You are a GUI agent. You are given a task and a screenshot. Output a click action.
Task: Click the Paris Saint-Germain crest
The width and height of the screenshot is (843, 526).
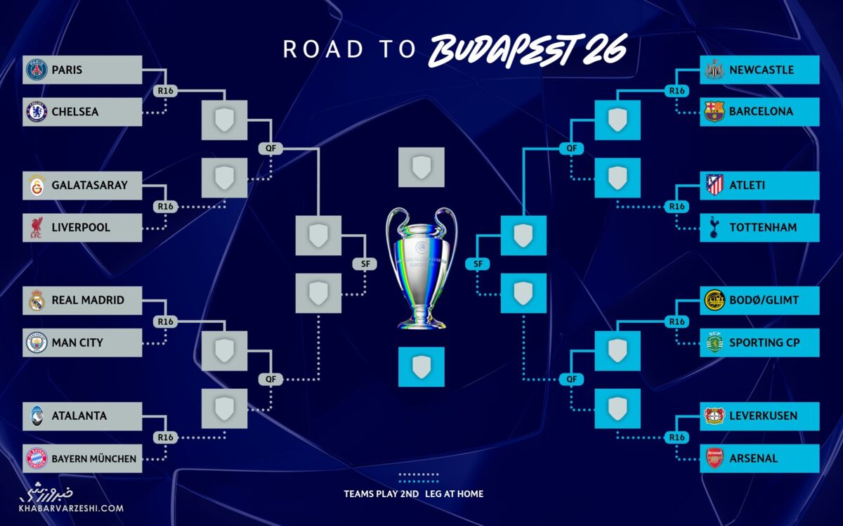click(36, 70)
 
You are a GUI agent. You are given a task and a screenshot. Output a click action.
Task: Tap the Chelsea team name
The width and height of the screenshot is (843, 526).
click(75, 112)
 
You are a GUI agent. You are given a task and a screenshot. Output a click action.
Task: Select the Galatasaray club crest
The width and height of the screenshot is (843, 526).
click(36, 186)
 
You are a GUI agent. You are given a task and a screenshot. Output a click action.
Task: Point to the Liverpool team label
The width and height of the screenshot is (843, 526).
click(81, 228)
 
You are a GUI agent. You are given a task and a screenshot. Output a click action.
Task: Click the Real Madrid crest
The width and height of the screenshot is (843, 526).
click(36, 300)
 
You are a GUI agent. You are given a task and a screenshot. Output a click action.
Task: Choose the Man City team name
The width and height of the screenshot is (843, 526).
click(77, 342)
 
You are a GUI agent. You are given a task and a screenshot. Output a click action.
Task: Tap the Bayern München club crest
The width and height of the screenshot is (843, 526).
click(36, 458)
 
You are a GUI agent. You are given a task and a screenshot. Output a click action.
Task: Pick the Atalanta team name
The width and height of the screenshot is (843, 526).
click(79, 416)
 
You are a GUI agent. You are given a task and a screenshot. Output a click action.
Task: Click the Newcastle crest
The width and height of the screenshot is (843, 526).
click(714, 70)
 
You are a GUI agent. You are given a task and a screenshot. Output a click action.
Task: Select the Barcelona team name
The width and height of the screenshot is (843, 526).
click(761, 112)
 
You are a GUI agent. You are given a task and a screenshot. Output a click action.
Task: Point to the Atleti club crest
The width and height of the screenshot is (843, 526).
click(714, 186)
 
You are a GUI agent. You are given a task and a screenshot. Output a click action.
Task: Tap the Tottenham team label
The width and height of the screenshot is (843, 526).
click(764, 228)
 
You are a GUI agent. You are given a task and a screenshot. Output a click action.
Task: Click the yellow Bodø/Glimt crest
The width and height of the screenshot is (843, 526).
click(714, 300)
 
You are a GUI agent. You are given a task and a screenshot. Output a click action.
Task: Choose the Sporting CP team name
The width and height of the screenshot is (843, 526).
click(764, 342)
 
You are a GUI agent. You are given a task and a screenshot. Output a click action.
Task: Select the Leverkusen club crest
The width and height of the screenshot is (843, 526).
click(714, 416)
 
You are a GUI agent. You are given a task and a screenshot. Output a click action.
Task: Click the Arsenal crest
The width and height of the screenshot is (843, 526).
click(714, 458)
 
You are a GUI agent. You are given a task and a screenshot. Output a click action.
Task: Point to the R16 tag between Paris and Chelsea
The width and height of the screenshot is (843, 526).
click(165, 91)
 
